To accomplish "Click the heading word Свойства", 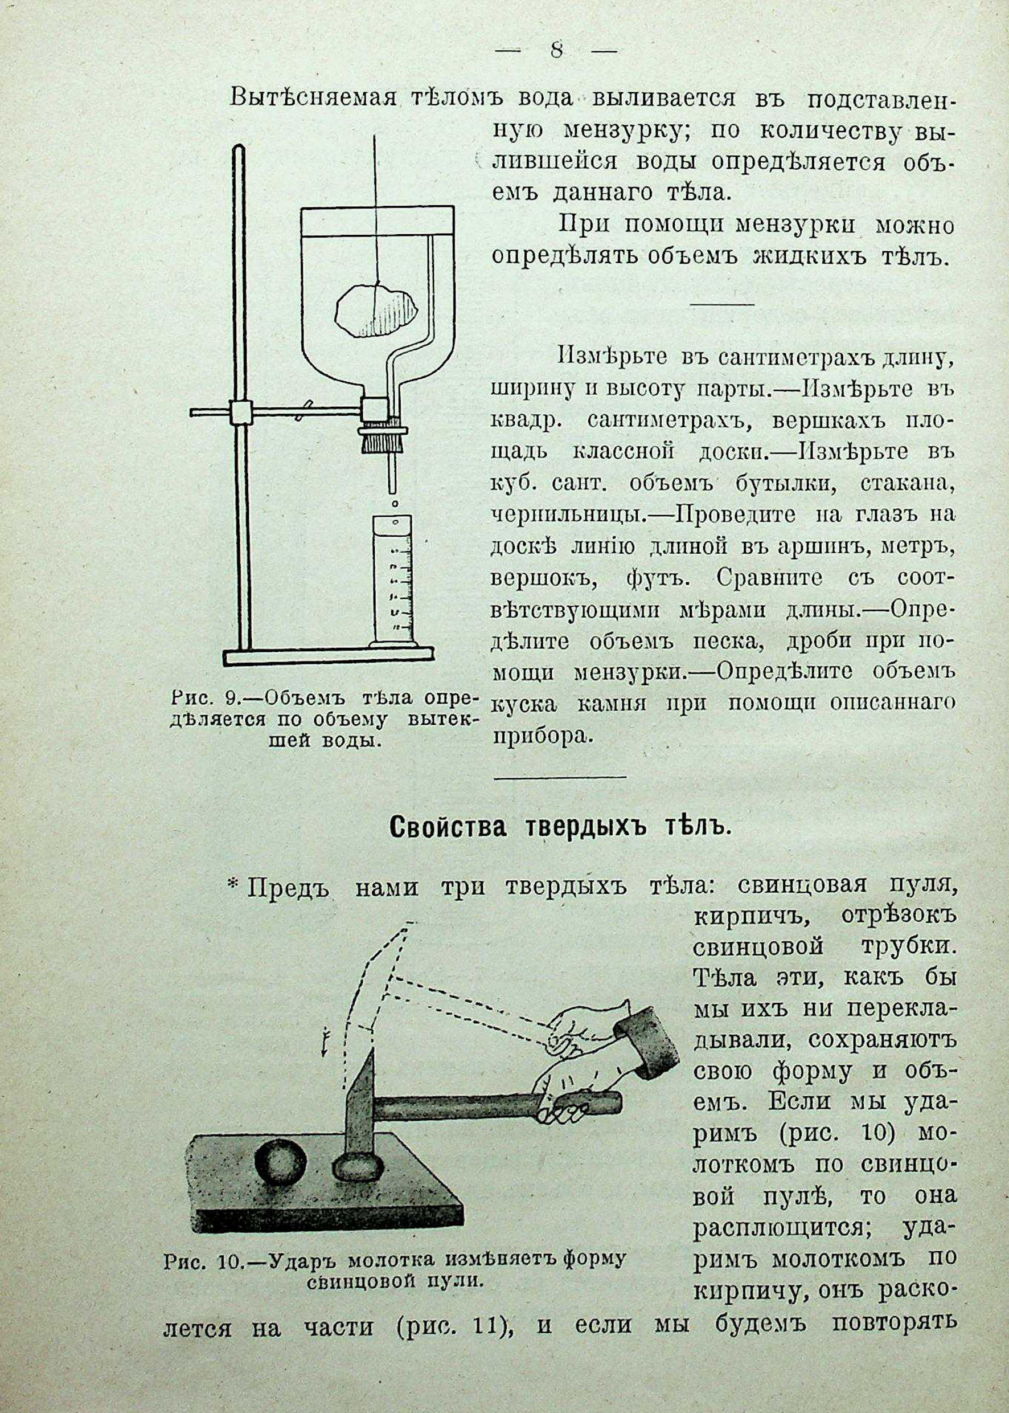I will [445, 828].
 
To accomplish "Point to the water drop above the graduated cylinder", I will [394, 501].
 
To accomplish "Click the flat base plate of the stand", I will [329, 656].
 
